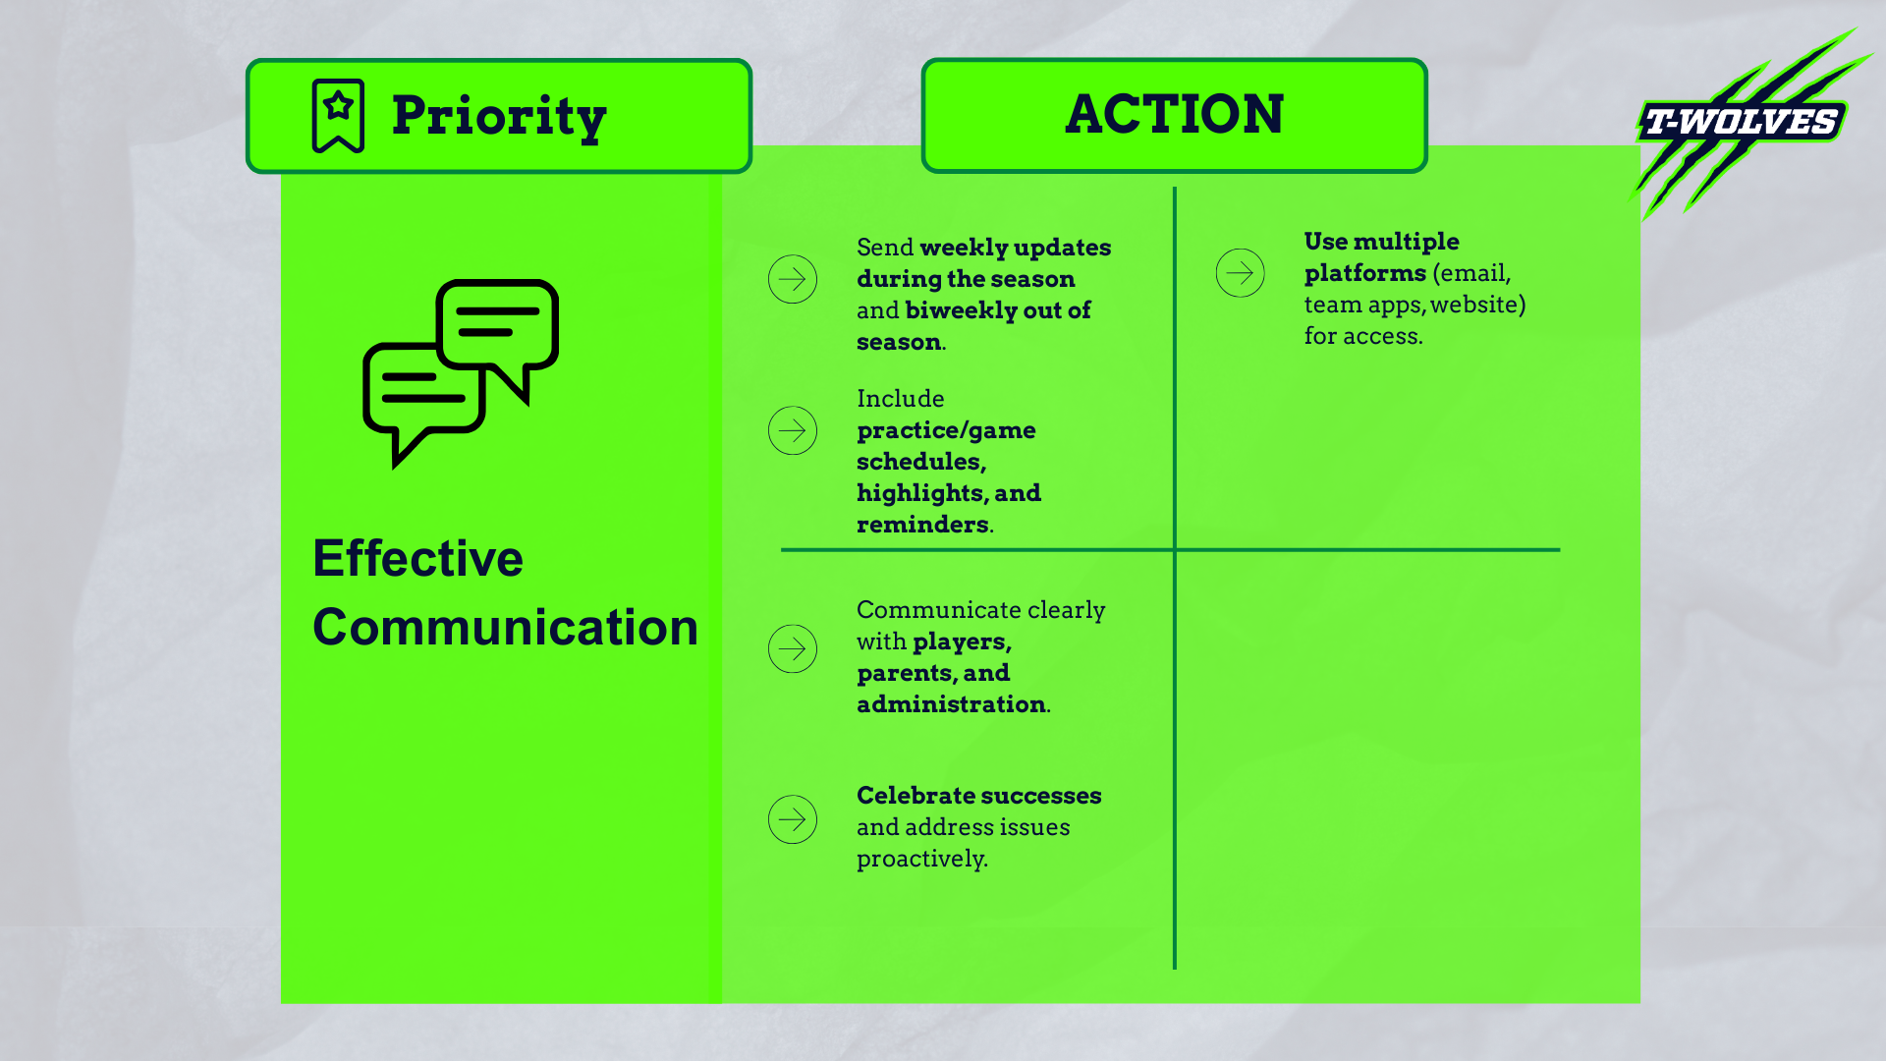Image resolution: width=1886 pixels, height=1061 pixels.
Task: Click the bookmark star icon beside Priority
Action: tap(338, 116)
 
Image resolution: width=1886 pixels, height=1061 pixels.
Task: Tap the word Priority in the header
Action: tap(499, 116)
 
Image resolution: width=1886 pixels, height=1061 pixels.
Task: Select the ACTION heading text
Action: tap(1174, 114)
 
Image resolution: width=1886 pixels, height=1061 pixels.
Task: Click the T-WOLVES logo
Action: tap(1741, 122)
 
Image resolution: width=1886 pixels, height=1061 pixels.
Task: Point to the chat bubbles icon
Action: tap(461, 373)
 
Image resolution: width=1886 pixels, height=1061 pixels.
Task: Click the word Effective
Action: tap(417, 558)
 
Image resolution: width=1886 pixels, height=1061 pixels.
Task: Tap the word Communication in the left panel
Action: tap(505, 627)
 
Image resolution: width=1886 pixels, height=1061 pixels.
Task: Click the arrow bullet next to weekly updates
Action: tap(793, 279)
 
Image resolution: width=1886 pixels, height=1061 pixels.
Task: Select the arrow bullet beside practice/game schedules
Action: tap(793, 430)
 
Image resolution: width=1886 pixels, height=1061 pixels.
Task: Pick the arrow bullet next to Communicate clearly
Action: tap(793, 648)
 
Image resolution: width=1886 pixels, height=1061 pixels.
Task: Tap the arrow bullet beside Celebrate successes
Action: tap(793, 819)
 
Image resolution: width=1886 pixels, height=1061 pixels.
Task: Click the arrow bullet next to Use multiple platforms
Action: tap(1240, 273)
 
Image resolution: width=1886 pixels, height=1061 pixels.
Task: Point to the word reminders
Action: tap(922, 525)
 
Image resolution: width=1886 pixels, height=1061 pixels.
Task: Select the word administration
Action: tap(950, 704)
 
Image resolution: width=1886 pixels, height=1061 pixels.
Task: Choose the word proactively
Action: tap(920, 859)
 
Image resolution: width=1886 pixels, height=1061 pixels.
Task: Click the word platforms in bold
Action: tap(1364, 273)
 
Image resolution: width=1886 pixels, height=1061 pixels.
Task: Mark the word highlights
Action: tap(919, 493)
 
